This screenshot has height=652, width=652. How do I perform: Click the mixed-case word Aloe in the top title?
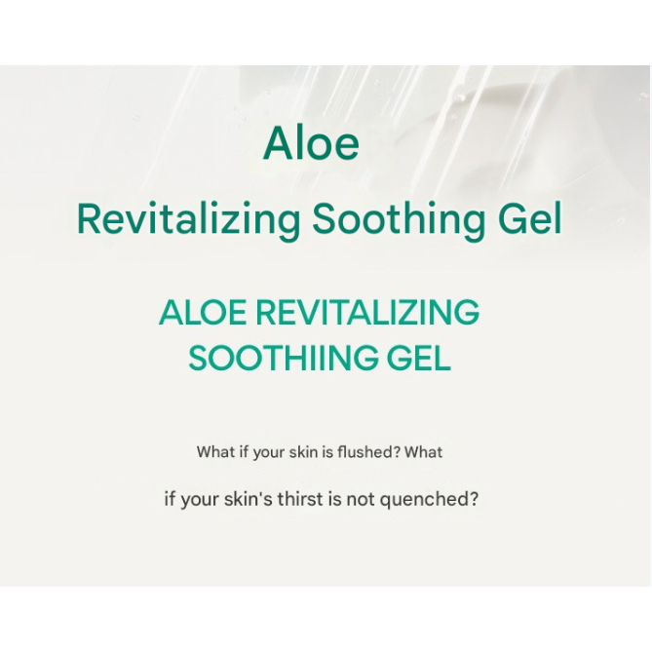point(311,143)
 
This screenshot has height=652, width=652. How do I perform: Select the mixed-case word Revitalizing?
point(188,219)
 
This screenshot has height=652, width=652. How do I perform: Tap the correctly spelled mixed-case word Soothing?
point(399,219)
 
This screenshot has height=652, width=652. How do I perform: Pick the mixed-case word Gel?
point(530,218)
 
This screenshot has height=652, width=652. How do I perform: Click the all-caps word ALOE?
point(203,312)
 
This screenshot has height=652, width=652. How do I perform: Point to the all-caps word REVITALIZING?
point(367,312)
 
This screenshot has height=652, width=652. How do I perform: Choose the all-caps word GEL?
point(419,358)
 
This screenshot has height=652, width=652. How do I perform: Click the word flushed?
point(368,451)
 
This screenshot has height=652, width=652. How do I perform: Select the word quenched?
point(429,500)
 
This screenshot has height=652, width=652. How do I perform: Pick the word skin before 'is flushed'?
point(303,451)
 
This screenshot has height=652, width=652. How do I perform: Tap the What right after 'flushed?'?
point(423,451)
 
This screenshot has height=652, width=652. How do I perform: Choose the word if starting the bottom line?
point(170,499)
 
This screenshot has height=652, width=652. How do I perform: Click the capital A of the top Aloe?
point(279,142)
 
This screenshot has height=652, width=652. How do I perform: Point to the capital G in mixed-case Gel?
point(514,218)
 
